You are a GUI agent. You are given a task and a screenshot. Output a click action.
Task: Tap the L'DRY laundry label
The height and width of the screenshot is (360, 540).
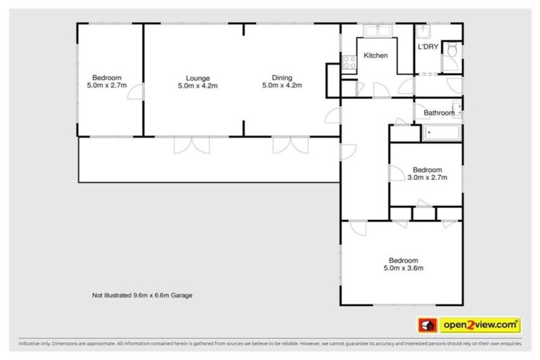pos(427,47)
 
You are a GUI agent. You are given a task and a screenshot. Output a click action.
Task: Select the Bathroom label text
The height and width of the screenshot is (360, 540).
pos(439,112)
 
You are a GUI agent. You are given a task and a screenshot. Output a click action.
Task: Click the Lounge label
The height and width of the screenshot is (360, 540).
pos(198,77)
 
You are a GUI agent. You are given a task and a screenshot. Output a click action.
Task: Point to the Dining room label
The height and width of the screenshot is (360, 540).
pos(282,77)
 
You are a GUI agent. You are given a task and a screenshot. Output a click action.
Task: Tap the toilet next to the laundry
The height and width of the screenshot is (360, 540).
pos(453,50)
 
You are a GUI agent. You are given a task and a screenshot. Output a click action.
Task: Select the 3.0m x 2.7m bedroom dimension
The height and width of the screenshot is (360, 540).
pos(427,178)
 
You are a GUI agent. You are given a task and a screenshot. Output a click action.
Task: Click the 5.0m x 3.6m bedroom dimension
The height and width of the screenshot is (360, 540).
pos(403,268)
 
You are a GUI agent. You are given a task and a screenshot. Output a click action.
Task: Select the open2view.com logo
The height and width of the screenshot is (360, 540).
pos(480,325)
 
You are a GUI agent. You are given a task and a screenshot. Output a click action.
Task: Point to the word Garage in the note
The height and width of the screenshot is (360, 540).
pos(180,296)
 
